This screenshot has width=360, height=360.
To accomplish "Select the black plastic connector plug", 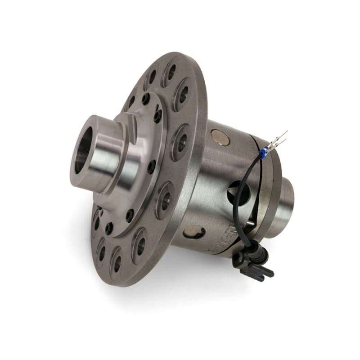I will point(254,263).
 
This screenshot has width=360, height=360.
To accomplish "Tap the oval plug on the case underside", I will point(194,232).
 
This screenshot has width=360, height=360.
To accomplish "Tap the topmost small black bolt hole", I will point(145,98).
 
